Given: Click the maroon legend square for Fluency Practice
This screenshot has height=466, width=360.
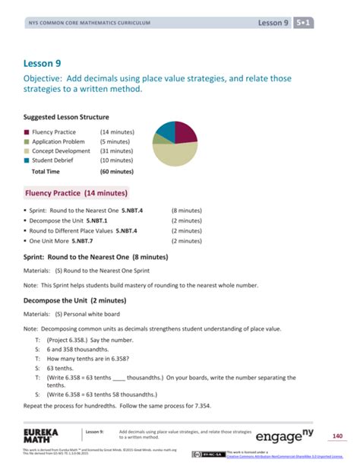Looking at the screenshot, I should click(x=27, y=132).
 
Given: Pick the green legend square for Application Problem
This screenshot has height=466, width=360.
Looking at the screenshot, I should click(x=27, y=141).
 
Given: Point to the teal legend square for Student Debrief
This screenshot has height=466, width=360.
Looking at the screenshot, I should click(x=27, y=160).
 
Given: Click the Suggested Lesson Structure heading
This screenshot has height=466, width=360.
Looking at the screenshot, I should click(x=66, y=118).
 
